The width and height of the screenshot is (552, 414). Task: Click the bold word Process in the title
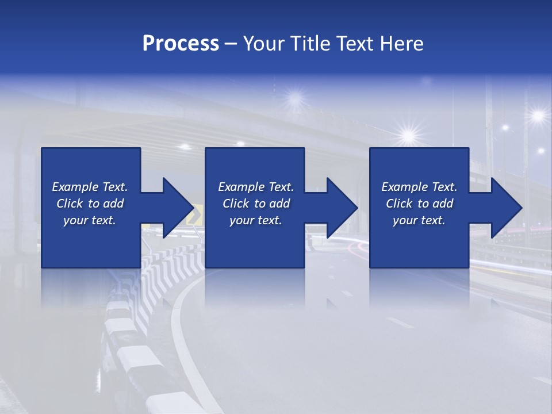(x=181, y=44)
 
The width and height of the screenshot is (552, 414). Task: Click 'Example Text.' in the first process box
(x=90, y=187)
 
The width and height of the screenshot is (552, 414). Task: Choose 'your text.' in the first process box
(x=90, y=220)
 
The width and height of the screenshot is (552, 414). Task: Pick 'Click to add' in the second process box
(x=256, y=204)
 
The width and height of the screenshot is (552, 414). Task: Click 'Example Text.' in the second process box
(x=256, y=187)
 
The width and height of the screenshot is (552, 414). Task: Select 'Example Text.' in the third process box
(x=419, y=187)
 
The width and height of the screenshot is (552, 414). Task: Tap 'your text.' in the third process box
(x=419, y=220)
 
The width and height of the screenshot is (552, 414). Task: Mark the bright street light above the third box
(x=409, y=136)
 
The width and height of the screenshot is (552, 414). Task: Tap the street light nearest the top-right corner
(x=538, y=116)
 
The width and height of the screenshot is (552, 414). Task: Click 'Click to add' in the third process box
(x=419, y=204)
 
